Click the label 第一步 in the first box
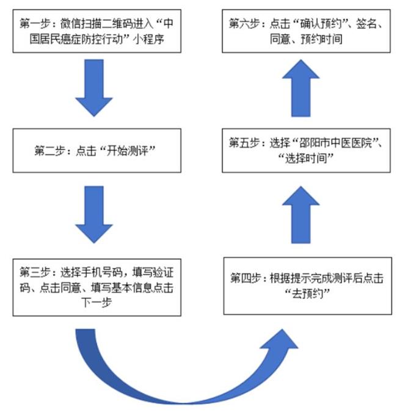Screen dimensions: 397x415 [35, 24]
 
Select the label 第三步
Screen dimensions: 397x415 [35, 272]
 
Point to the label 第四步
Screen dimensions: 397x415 [246, 278]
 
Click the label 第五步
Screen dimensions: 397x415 [244, 143]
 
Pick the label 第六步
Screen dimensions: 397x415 [244, 24]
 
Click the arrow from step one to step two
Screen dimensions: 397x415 [94, 88]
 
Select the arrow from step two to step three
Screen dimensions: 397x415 [94, 214]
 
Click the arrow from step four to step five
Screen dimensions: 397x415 [301, 214]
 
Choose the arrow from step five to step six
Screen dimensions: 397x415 [301, 88]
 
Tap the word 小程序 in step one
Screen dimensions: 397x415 [149, 39]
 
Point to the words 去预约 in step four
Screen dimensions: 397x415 [307, 294]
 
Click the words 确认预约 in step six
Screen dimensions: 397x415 [321, 24]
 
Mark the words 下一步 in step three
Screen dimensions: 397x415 [97, 303]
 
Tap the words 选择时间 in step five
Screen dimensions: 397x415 [306, 159]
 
